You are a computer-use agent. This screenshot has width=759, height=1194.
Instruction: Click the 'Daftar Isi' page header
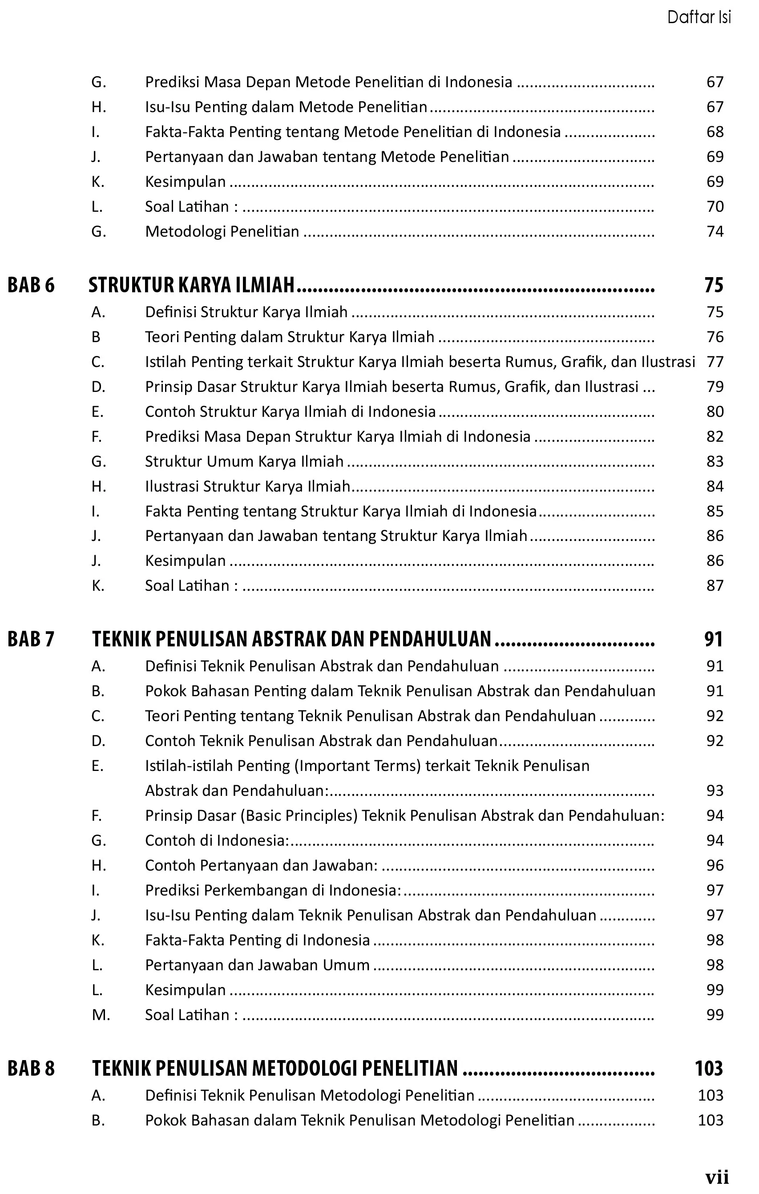698,17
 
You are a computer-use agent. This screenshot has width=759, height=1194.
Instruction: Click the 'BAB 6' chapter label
31,285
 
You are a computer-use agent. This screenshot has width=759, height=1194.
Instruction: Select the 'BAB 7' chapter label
31,639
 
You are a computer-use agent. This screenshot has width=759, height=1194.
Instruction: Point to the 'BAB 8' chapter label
31,1068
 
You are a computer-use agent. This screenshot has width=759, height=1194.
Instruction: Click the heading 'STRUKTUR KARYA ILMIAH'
191,285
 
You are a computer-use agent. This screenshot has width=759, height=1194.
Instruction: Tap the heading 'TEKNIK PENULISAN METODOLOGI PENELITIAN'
275,1068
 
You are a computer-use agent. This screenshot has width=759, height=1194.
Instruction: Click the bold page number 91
713,639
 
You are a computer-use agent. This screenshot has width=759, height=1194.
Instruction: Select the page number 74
715,232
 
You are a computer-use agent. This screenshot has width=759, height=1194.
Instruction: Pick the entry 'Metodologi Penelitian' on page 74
222,232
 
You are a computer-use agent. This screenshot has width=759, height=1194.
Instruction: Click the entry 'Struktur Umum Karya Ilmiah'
244,462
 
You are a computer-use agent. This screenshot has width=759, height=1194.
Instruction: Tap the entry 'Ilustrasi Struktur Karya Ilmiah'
247,486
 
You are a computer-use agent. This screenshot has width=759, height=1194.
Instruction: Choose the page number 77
715,362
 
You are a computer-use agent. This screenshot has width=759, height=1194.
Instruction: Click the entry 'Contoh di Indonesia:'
217,840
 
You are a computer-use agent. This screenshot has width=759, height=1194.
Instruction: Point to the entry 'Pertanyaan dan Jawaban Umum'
257,965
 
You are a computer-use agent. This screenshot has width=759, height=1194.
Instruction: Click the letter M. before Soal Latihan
101,1015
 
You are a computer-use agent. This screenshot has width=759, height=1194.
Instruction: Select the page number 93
715,791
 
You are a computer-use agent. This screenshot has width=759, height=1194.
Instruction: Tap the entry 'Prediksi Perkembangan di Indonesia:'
273,891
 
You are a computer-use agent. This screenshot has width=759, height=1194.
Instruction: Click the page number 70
715,206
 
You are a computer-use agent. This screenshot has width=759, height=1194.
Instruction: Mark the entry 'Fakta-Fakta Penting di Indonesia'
257,940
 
